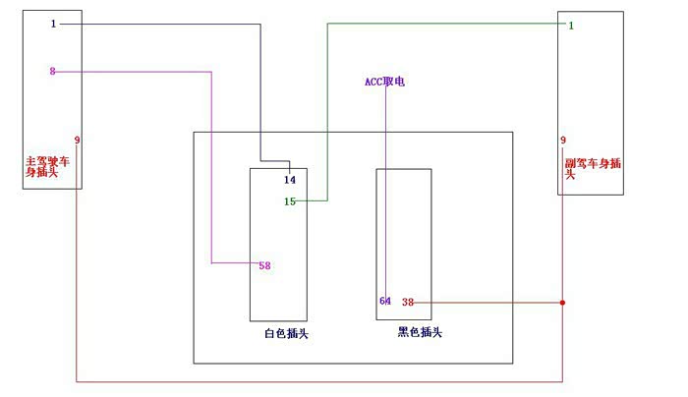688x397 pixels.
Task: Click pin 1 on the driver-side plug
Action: (53, 24)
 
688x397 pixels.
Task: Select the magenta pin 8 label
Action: (53, 71)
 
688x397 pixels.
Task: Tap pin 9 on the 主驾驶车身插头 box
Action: (77, 141)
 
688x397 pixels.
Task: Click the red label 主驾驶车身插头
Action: (47, 165)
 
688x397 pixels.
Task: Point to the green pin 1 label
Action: (571, 25)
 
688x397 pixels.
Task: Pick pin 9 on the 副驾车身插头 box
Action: (563, 141)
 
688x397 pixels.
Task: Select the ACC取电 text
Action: (384, 82)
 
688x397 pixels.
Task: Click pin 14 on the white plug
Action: (290, 180)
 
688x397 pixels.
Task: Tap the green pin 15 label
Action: (290, 201)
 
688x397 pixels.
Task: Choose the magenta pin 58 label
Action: (264, 265)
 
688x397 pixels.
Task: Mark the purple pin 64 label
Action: (385, 301)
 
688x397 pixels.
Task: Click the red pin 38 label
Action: (408, 302)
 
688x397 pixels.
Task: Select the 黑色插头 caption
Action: (420, 333)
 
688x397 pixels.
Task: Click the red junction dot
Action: (562, 302)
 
